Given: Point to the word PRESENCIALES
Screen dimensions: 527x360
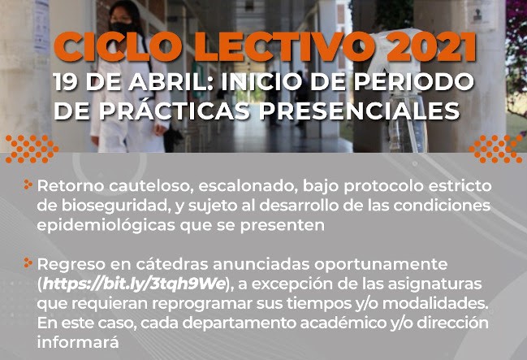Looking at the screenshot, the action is click(360, 111).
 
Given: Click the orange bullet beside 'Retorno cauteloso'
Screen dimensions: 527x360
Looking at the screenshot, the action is click(28, 184).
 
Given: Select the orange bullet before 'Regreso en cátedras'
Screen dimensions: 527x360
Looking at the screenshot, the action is click(28, 262).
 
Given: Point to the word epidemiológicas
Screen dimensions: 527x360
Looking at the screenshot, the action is click(106, 225).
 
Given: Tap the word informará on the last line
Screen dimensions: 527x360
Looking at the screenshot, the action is click(78, 342).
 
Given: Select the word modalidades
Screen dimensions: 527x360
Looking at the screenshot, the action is click(435, 303).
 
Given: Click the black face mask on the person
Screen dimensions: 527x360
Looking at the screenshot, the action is click(122, 28).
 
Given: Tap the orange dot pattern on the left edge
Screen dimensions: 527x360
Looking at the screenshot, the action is click(31, 149).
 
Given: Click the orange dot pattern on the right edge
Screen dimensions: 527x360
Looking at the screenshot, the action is click(496, 149).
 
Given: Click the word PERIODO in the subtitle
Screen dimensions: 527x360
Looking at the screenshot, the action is click(414, 82).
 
